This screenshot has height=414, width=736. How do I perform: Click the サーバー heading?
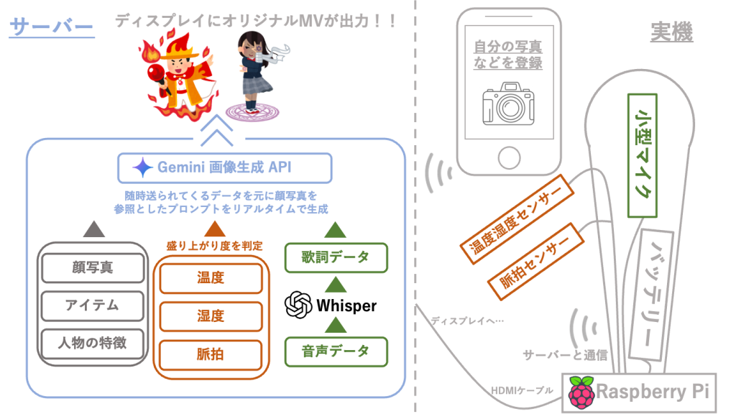coord(52,28)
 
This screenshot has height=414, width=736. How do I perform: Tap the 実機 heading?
coord(671,32)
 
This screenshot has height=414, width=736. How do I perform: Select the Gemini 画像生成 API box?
coord(225,167)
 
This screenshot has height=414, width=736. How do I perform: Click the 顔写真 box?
coord(87,268)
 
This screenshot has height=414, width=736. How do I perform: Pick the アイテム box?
coord(87,305)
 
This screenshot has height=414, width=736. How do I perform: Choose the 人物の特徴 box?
coord(87,343)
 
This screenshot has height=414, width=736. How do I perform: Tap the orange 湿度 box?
coord(211,316)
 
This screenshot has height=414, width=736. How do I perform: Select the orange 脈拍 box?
coord(211,354)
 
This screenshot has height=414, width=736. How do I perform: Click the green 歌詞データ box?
coord(336,257)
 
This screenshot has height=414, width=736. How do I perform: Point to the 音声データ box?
coord(336,351)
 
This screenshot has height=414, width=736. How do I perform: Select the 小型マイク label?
coord(644,155)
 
